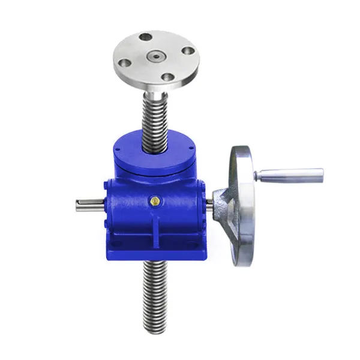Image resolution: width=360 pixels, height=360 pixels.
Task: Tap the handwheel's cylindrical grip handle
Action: coord(289,175)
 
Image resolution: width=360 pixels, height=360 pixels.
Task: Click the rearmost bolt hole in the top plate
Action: coord(146,37)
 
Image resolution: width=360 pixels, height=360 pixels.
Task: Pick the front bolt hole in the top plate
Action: coord(167,77)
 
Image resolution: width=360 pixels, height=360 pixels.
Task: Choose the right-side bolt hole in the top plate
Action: coord(187,52)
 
